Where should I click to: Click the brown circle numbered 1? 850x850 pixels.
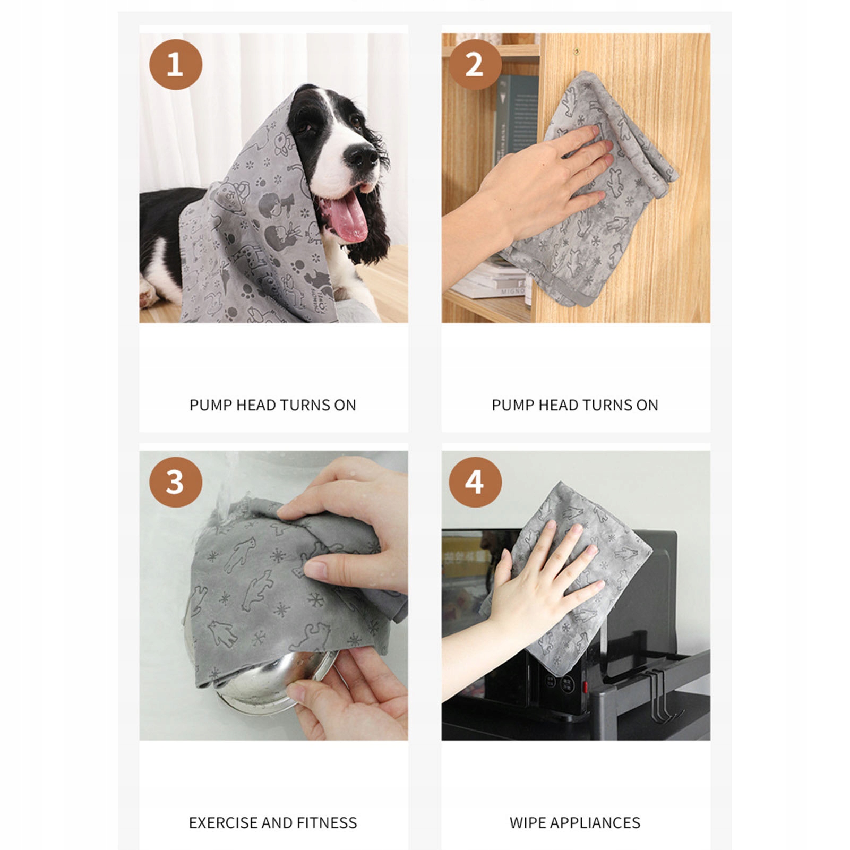(x=176, y=64)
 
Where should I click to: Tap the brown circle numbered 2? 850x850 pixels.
(x=475, y=64)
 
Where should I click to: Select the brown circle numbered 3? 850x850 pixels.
(x=176, y=482)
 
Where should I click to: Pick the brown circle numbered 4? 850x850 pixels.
(x=475, y=482)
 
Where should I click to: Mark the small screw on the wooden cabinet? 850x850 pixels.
(x=577, y=51)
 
